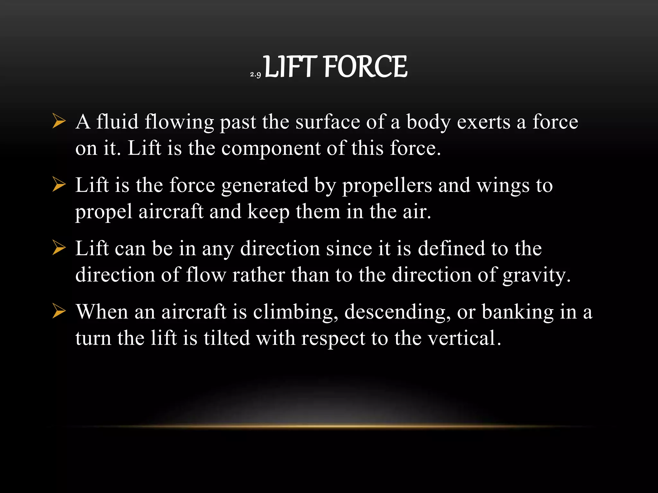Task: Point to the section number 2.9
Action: pyautogui.click(x=255, y=75)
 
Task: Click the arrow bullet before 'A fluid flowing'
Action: pyautogui.click(x=59, y=122)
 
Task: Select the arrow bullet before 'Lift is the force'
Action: pyautogui.click(x=59, y=185)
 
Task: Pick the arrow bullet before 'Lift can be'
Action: pyautogui.click(x=59, y=248)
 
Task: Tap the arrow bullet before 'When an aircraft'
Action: pyautogui.click(x=59, y=312)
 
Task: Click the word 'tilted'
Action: pyautogui.click(x=227, y=338)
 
